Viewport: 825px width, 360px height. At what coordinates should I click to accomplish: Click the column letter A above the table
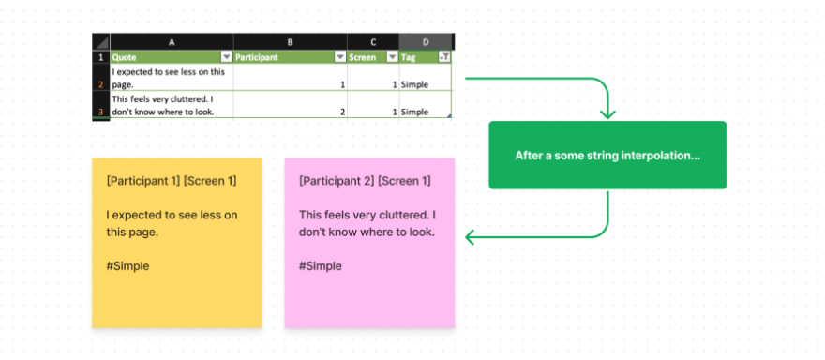172,42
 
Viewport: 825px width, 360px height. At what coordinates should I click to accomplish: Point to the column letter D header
427,42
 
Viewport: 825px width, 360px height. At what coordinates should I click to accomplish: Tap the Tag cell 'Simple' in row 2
415,84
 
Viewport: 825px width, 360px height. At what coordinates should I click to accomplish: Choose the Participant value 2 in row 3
343,112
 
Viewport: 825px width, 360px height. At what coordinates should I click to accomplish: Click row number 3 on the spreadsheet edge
100,112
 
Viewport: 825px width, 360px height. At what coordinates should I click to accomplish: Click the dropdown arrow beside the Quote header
226,57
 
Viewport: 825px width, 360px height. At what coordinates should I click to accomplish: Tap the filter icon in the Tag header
444,57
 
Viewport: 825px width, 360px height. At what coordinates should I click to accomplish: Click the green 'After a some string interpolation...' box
607,156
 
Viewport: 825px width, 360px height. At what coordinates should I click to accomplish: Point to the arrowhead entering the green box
607,114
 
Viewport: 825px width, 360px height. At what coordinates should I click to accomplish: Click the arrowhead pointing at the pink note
472,238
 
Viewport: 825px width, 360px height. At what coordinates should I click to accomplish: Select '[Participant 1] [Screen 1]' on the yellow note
172,181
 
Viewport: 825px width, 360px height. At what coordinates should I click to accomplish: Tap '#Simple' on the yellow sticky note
127,266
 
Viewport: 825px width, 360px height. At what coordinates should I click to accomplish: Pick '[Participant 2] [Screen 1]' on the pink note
365,181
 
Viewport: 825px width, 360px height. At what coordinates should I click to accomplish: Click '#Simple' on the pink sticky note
321,266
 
